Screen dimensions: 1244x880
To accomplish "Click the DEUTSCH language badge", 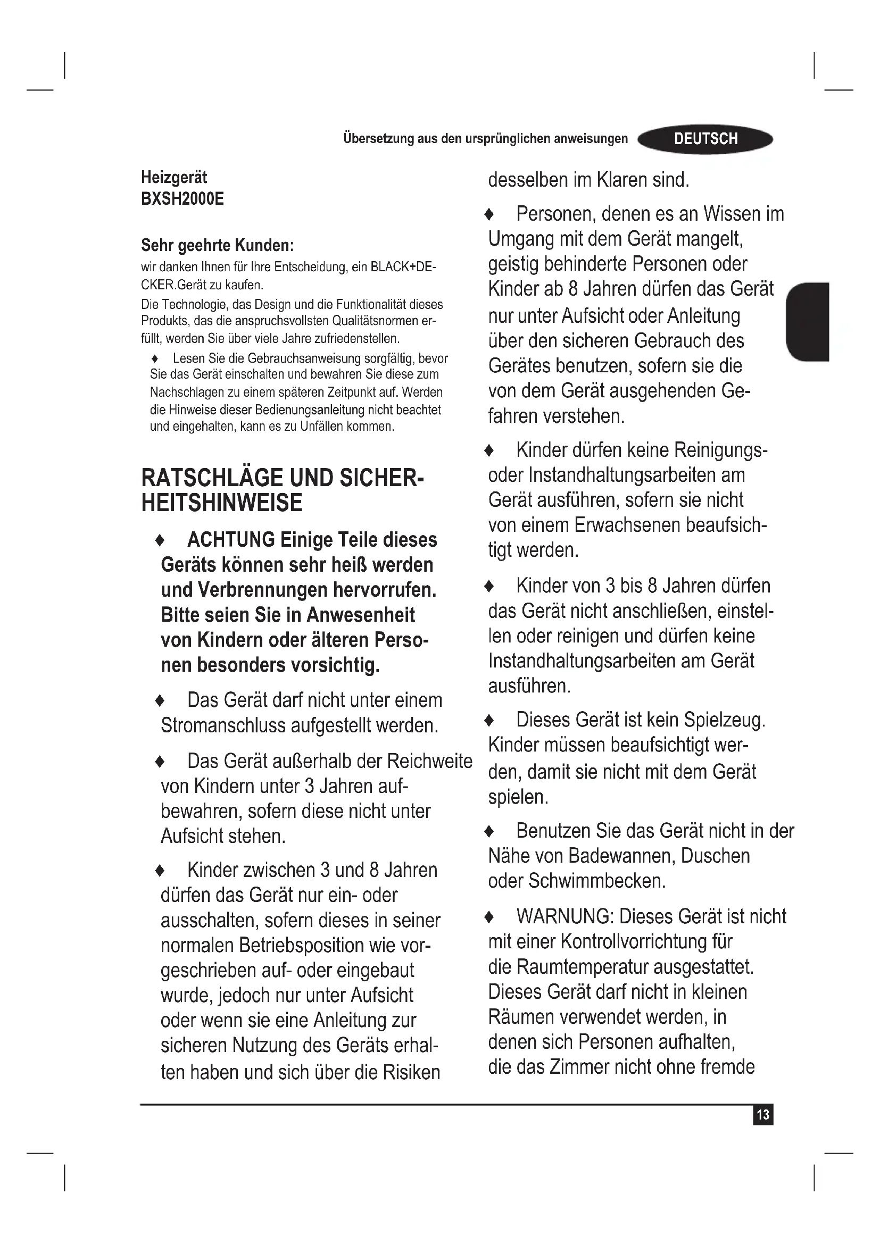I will pos(705,139).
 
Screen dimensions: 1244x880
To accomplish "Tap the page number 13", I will pos(763,1115).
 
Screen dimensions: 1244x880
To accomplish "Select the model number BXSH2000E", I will pos(182,199).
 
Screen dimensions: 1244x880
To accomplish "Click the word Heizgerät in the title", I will pos(174,177).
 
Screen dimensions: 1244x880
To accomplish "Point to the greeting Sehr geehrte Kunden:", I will pos(217,245).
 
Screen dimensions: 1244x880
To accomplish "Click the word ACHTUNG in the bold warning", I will pos(231,540).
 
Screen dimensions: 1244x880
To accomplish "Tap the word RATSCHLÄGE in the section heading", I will pos(212,478).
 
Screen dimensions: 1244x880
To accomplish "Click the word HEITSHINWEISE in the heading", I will pos(222,503).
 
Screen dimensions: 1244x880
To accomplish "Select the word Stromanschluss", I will pos(223,725).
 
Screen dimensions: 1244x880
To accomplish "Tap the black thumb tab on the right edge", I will pos(808,321).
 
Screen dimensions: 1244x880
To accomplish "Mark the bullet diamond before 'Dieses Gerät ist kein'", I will pos(489,720).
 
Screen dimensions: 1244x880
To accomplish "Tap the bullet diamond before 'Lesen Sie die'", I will pos(155,358).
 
